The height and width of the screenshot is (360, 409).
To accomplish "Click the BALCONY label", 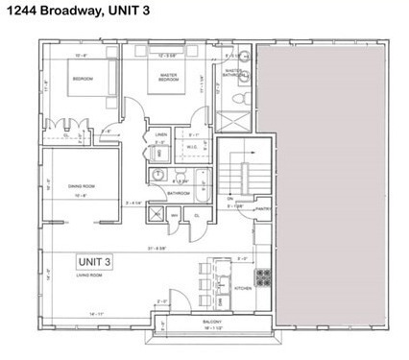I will pyautogui.click(x=185, y=322).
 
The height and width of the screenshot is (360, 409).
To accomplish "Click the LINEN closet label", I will pyautogui.click(x=161, y=136).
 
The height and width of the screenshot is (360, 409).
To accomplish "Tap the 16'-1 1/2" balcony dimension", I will pyautogui.click(x=186, y=329).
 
